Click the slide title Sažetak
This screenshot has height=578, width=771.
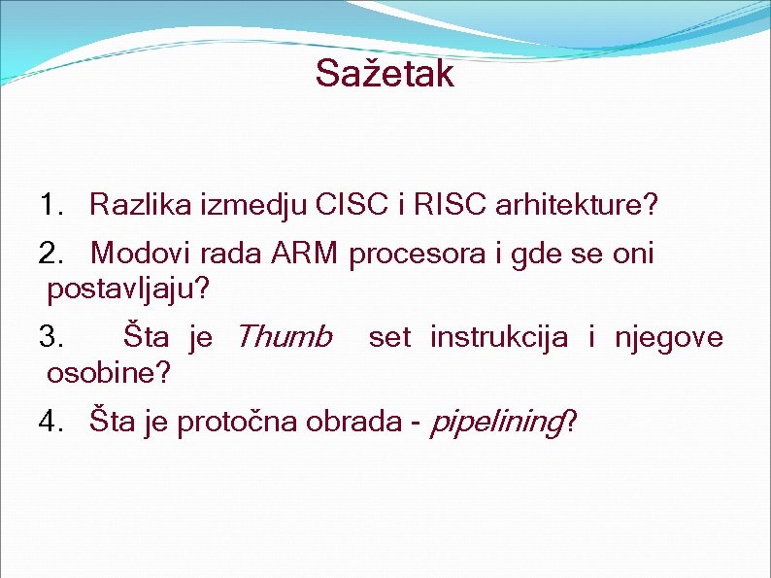[x=385, y=74]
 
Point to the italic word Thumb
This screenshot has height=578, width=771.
[x=284, y=337]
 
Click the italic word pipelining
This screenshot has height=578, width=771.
[x=495, y=423]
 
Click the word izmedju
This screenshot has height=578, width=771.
[x=254, y=206]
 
